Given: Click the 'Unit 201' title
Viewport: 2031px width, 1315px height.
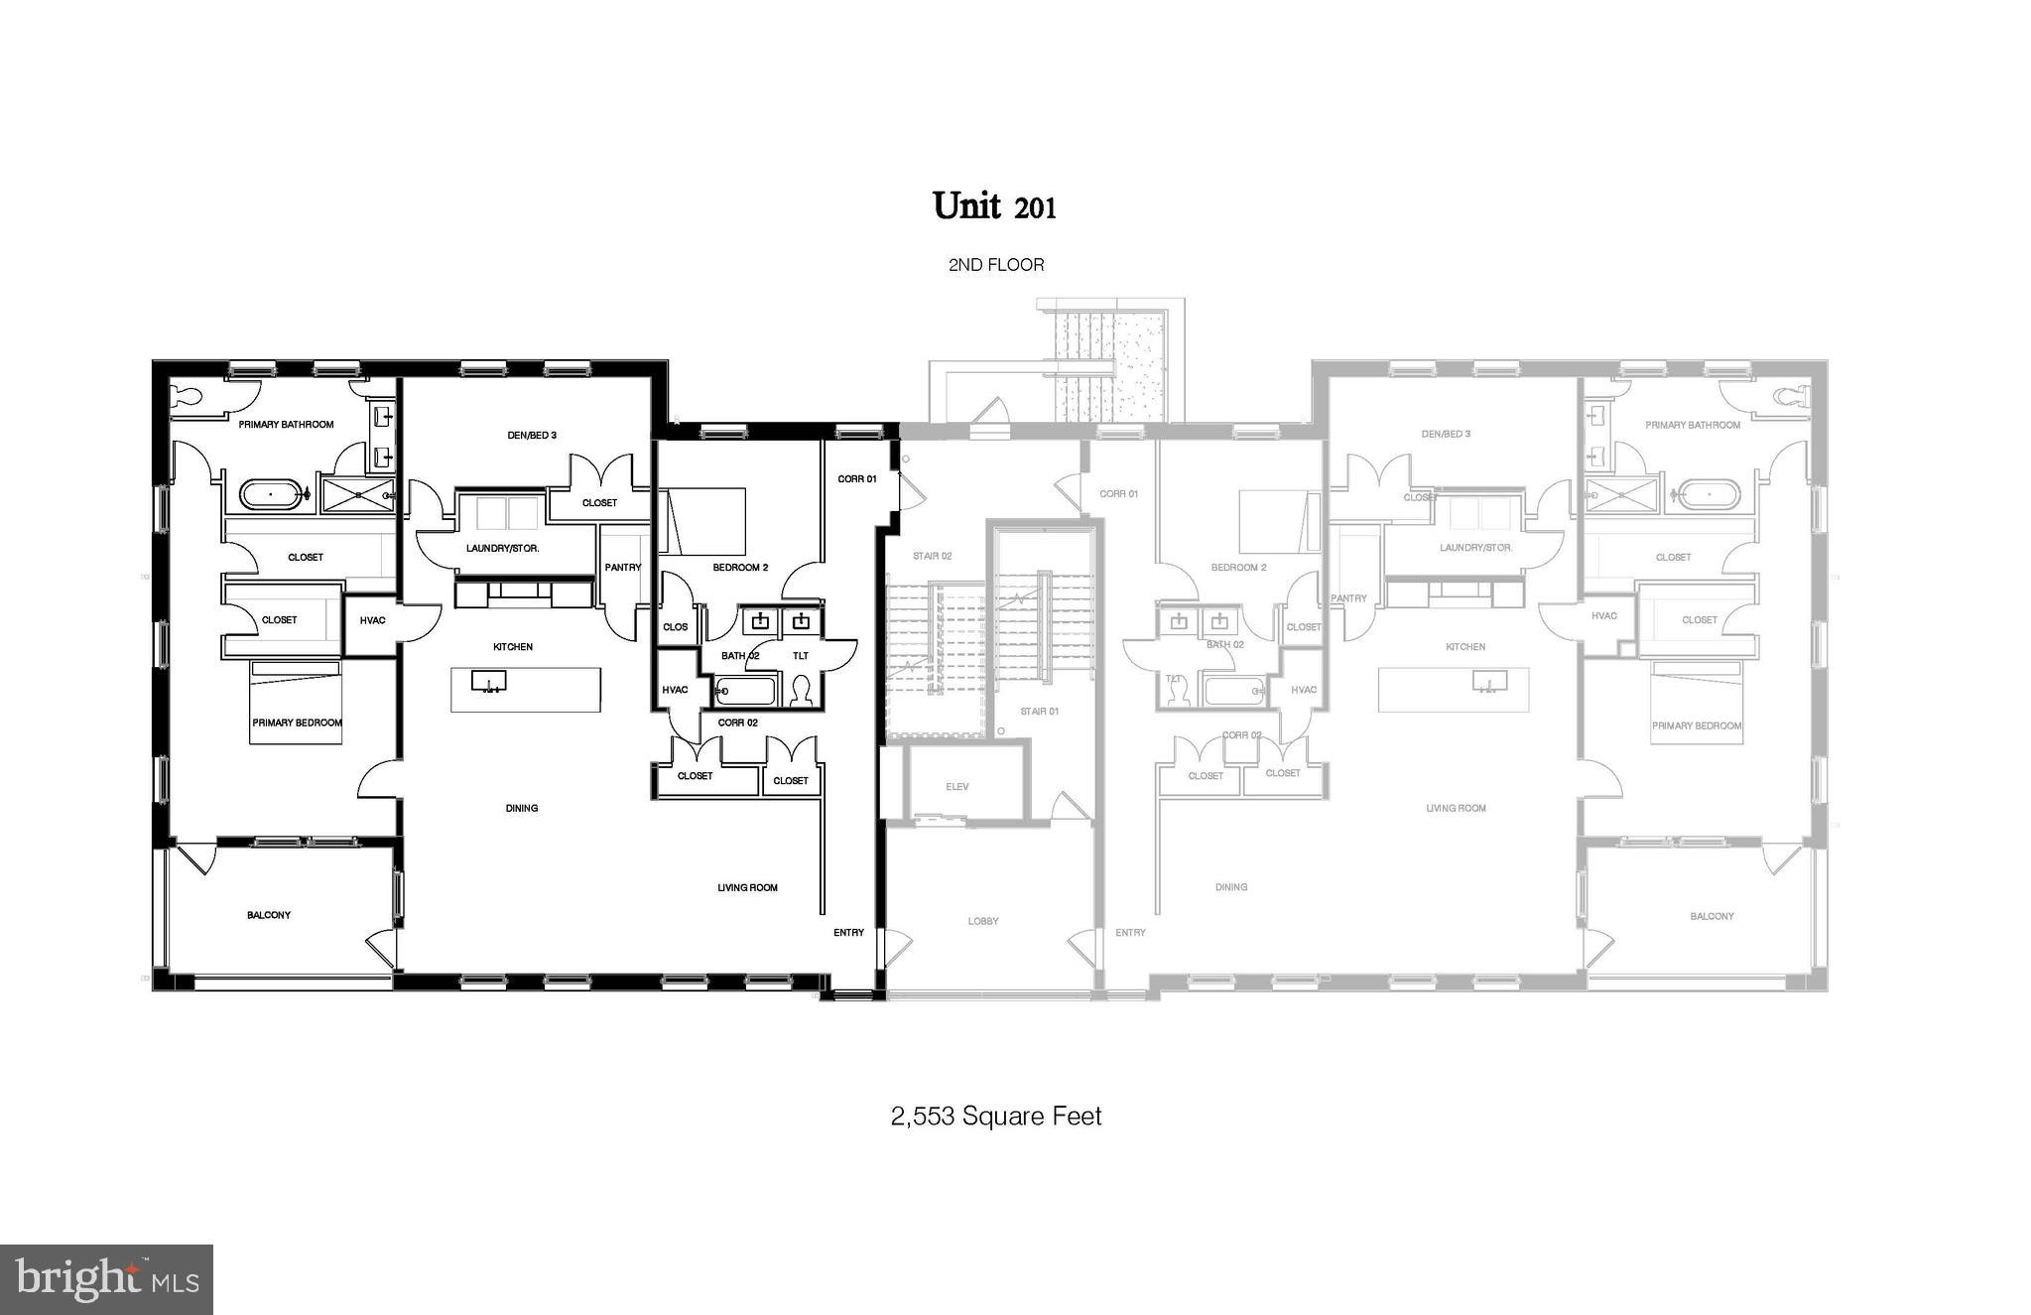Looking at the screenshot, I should (994, 206).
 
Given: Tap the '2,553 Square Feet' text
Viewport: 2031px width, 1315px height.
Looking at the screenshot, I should (996, 1117).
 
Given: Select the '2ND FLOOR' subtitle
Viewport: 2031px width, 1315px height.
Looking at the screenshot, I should (996, 265).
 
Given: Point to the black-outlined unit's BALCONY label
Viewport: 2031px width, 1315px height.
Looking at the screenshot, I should (269, 915).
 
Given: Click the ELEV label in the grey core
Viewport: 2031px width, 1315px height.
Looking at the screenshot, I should (956, 787).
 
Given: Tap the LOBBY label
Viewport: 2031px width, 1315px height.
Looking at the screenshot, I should (983, 921).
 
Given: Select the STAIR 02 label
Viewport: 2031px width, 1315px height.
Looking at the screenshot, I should (933, 556).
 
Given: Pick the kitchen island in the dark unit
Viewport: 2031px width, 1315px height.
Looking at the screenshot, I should (526, 689).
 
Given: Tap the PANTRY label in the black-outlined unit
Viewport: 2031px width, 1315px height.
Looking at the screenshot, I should (623, 568).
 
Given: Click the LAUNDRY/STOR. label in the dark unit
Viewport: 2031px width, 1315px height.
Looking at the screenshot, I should (503, 548).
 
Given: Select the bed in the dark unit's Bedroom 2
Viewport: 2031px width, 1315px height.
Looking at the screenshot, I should (703, 520).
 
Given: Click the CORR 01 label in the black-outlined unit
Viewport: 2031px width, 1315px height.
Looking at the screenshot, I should (857, 478).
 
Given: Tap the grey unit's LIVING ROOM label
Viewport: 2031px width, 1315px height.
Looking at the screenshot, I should (1456, 808).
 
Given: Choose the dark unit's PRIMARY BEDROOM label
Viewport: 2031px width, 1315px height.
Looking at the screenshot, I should (297, 723).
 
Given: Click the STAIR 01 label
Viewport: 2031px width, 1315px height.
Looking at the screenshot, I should (1040, 711).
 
